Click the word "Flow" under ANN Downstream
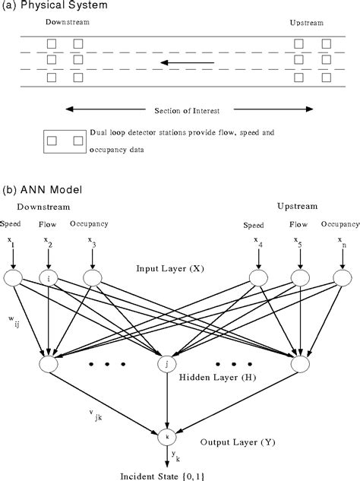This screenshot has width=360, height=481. [49, 225]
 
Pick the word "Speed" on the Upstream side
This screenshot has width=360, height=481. [254, 226]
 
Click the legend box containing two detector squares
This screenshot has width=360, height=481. [64, 141]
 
